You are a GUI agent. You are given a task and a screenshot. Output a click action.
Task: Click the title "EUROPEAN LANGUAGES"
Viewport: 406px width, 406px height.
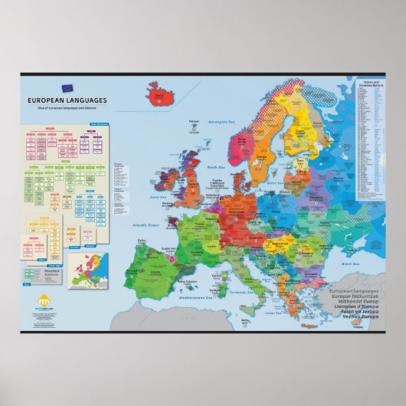click(56, 100)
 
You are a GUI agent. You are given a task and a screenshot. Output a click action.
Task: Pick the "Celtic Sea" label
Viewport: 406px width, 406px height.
click(159, 197)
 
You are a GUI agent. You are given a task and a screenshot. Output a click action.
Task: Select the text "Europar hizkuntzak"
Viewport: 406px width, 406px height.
click(353, 296)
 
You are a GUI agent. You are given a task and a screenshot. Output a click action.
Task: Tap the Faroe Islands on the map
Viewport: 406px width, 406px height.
click(193, 130)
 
